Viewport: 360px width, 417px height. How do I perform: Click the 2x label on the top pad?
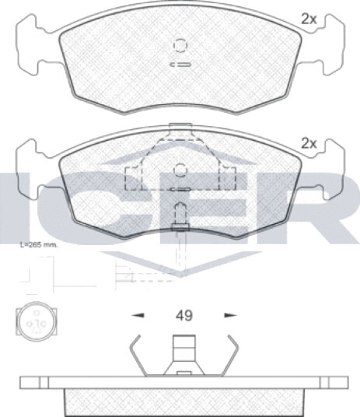tap(309, 19)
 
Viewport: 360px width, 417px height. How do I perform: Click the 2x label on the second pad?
tap(309, 144)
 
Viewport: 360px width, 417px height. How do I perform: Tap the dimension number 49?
tap(183, 316)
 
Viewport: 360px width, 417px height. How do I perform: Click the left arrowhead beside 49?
tap(138, 315)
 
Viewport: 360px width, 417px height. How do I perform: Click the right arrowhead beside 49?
tap(230, 315)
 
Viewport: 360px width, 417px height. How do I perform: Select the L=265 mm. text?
tap(39, 245)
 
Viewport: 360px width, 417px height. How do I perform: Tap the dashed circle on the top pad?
tap(180, 45)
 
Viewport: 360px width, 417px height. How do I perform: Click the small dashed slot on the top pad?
tap(180, 65)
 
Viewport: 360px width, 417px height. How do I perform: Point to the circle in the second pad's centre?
tap(180, 170)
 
